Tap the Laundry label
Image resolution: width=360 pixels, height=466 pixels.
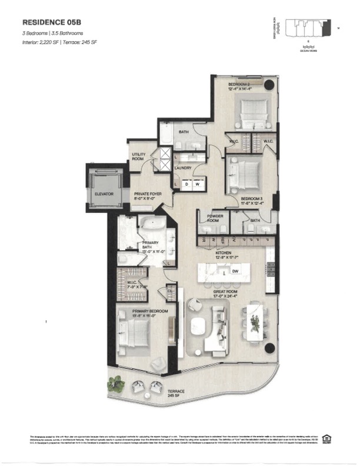click(x=183, y=168)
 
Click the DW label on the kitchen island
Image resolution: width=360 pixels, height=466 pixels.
click(x=235, y=271)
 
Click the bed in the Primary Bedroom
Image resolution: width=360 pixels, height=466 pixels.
click(x=132, y=338)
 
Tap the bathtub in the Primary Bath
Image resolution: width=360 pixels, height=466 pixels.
click(x=152, y=224)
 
